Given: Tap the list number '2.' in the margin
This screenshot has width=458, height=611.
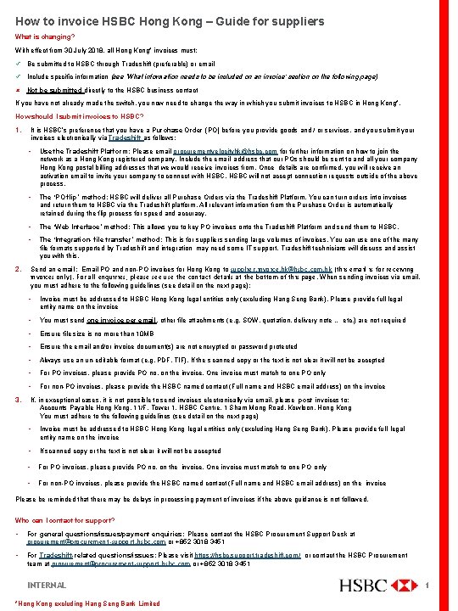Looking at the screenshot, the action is click(19, 268).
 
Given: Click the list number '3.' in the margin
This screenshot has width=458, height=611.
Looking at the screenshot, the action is click(19, 397).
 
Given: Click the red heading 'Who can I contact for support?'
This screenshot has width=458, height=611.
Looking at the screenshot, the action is click(59, 520).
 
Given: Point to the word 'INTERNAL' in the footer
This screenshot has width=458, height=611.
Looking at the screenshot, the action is click(47, 586).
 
